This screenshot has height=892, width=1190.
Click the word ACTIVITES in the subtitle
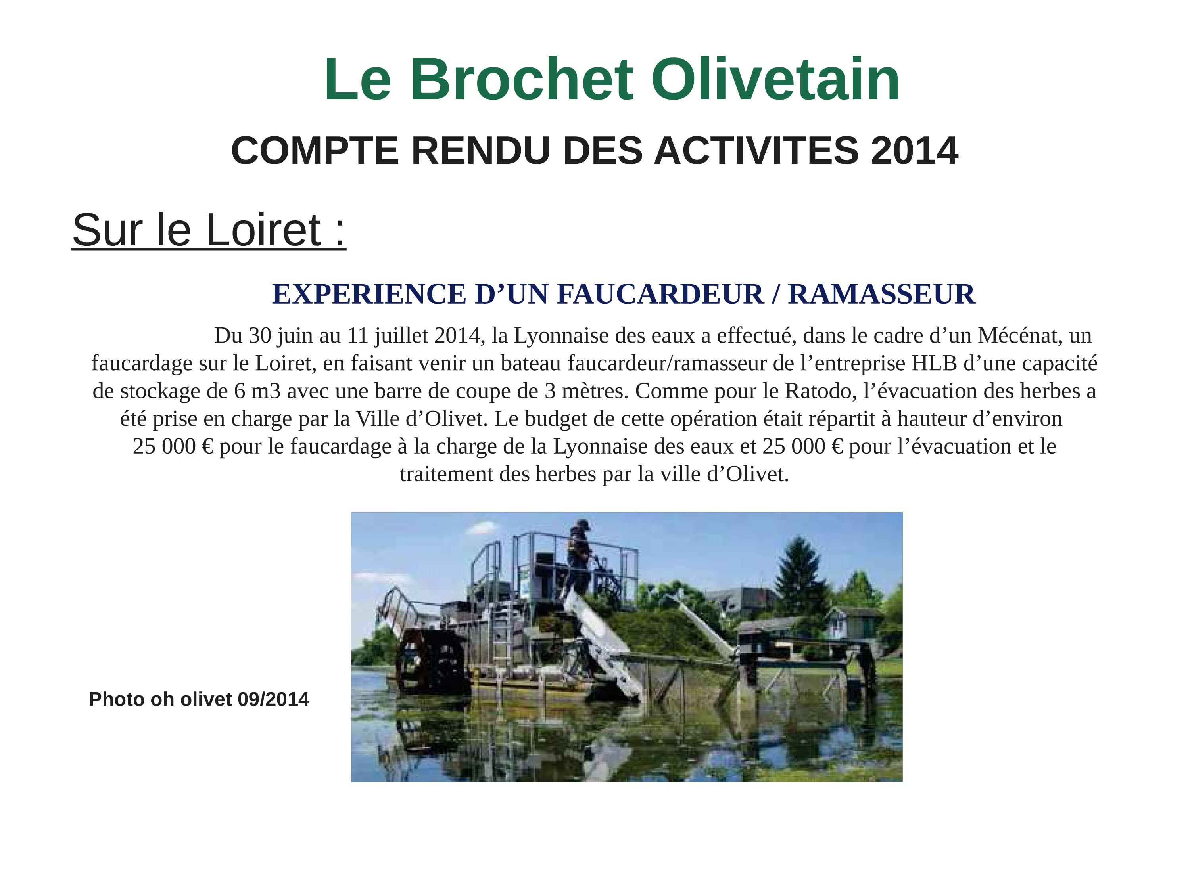[x=756, y=151]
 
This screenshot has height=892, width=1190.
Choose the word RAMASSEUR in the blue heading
[x=881, y=294]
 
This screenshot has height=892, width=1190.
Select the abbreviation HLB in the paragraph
[x=935, y=364]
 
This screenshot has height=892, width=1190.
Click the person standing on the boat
[x=579, y=557]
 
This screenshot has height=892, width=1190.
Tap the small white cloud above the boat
[x=483, y=528]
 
